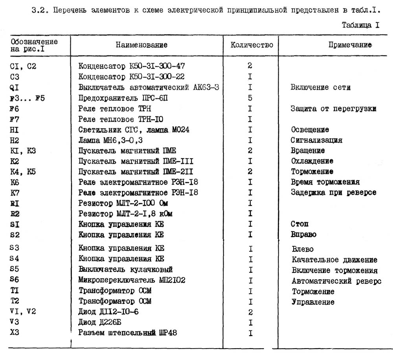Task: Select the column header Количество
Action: [252, 45]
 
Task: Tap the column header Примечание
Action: [350, 45]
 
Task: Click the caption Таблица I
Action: [360, 25]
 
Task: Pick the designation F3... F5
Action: [28, 98]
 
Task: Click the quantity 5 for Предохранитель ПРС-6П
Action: [250, 98]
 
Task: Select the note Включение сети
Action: [320, 87]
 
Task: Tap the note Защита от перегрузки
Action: [333, 109]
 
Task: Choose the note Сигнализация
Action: [316, 140]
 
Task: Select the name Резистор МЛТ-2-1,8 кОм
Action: [126, 214]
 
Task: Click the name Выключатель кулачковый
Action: [125, 270]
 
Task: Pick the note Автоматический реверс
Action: [336, 281]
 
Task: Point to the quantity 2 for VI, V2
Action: [250, 312]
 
